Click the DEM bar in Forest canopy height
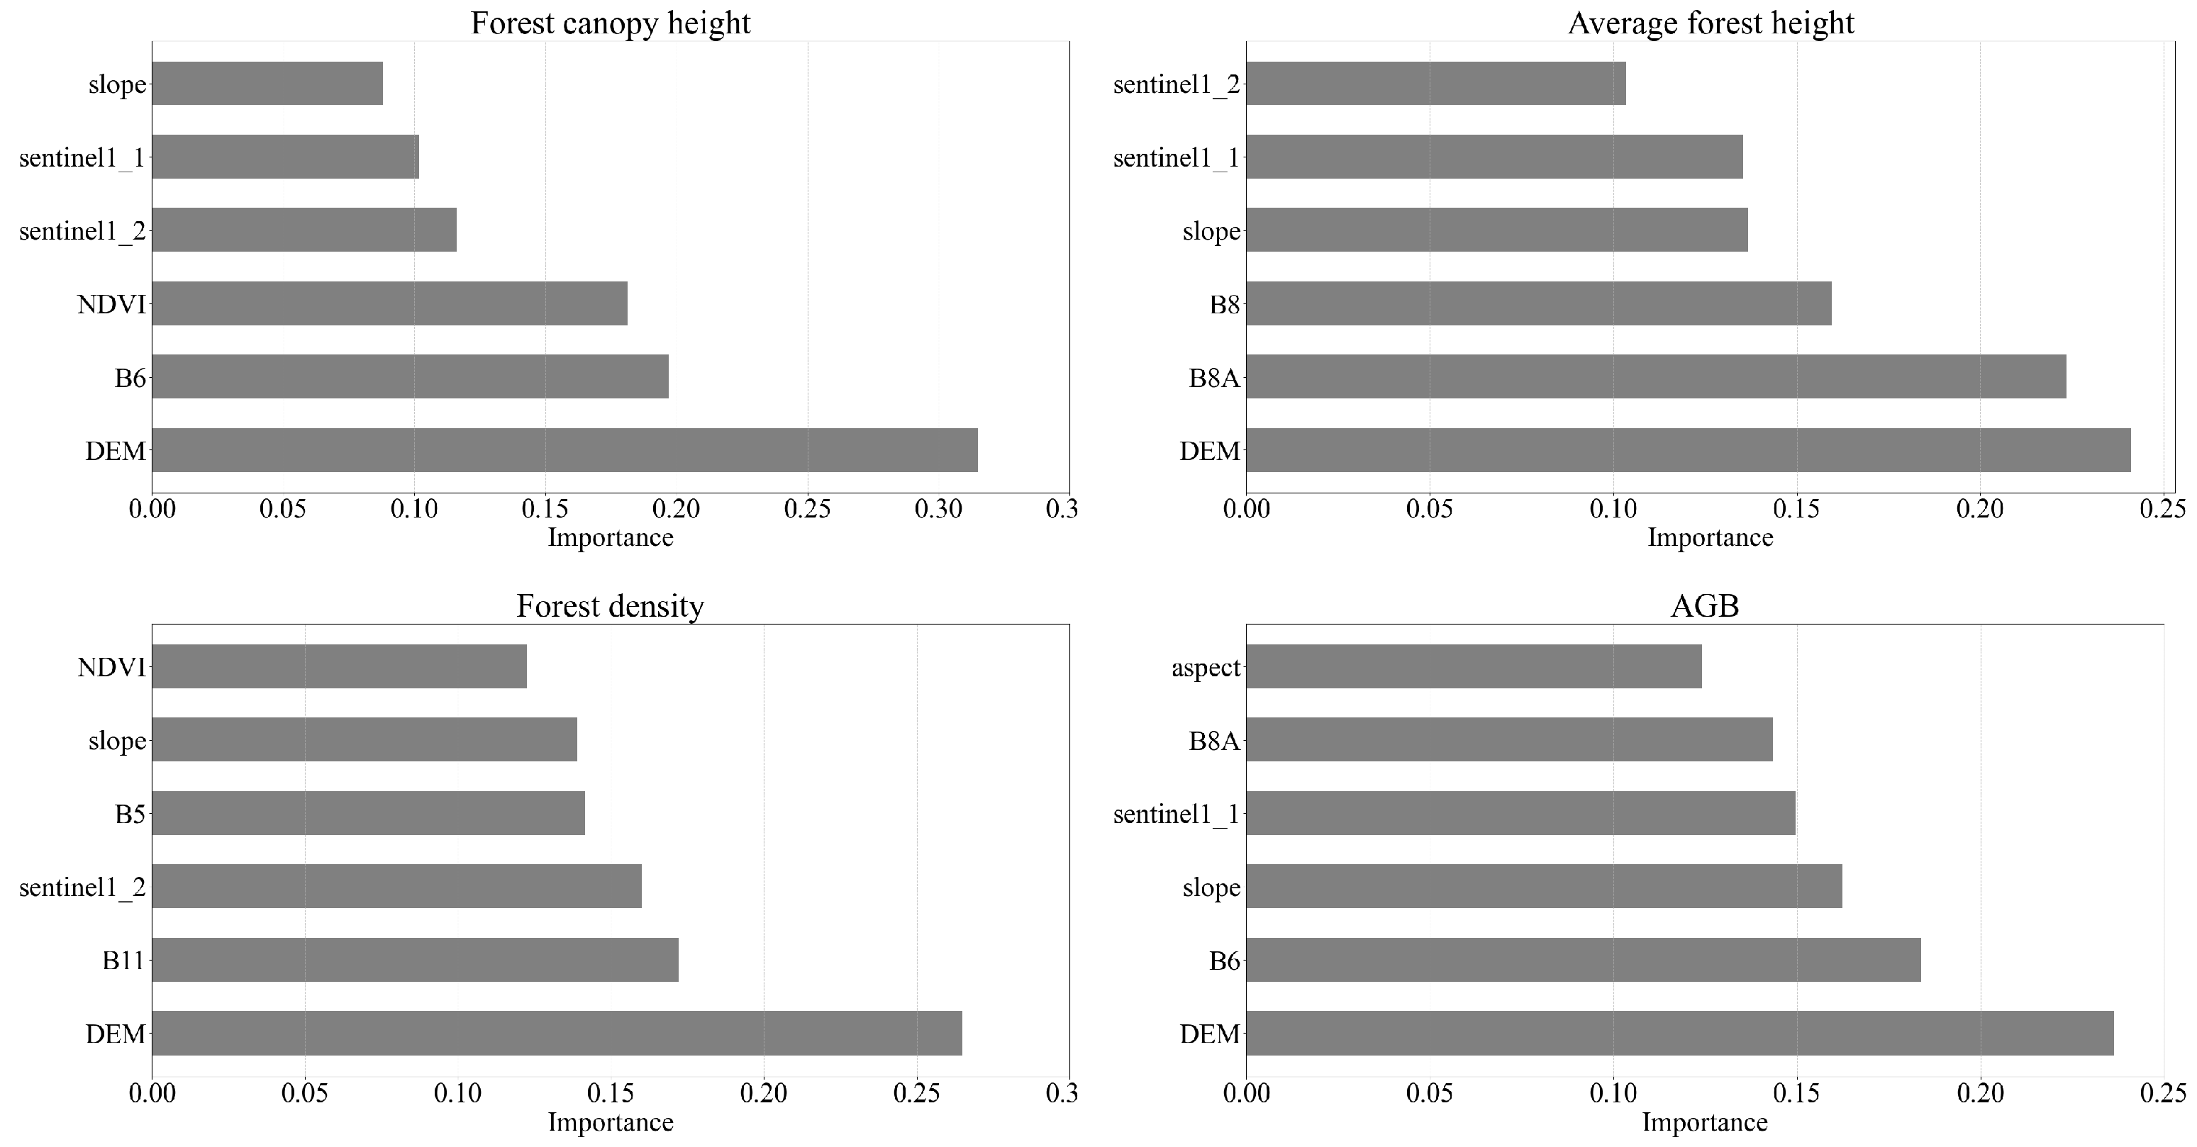point(564,449)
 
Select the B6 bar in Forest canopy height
point(409,376)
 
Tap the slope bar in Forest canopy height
point(267,84)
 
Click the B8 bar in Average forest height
point(1539,303)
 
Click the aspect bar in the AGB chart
point(1474,666)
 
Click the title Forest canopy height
point(611,23)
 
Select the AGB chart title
point(1704,605)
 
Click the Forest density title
point(611,605)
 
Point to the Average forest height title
point(1711,23)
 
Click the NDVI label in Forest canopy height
point(112,304)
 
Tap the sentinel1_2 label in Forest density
point(83,888)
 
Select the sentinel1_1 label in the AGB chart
point(1176,815)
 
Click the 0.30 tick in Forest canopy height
point(938,510)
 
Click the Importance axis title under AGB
point(1704,1122)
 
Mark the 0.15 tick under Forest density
point(611,1093)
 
